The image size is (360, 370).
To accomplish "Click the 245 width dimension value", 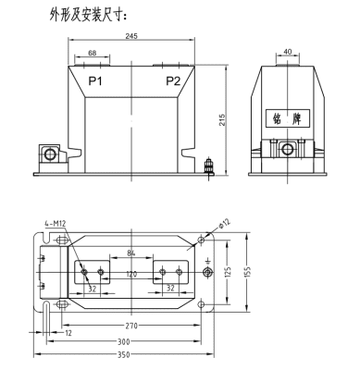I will click(130, 37).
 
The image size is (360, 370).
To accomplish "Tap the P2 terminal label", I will click(173, 81).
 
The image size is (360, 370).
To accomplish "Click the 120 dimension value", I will click(131, 275).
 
